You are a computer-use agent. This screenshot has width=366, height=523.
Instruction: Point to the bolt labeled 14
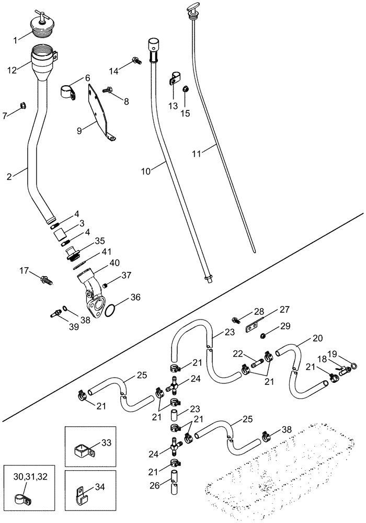[x=135, y=62]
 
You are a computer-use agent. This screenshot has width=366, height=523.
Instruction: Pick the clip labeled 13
[x=174, y=79]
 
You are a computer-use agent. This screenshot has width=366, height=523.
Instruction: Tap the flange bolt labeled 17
[x=47, y=280]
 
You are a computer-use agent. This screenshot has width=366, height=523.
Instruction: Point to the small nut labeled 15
[x=186, y=89]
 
